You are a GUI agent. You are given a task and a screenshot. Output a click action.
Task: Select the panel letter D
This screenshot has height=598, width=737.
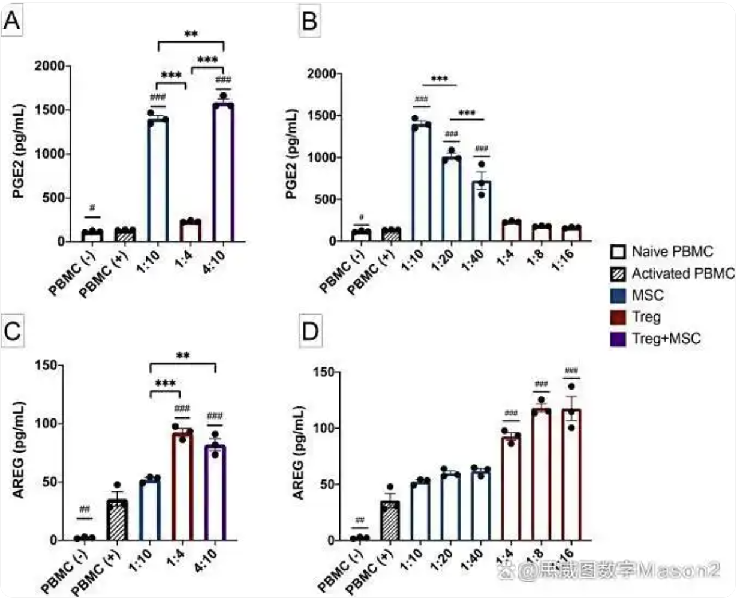310,331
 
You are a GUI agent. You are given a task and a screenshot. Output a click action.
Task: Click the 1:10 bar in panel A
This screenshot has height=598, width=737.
158,180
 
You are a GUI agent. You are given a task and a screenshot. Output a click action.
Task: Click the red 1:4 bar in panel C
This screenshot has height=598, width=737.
182,486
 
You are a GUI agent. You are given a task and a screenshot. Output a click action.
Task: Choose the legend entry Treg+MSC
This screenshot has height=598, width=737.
666,339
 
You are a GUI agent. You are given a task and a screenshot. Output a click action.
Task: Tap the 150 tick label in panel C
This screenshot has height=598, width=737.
48,366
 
